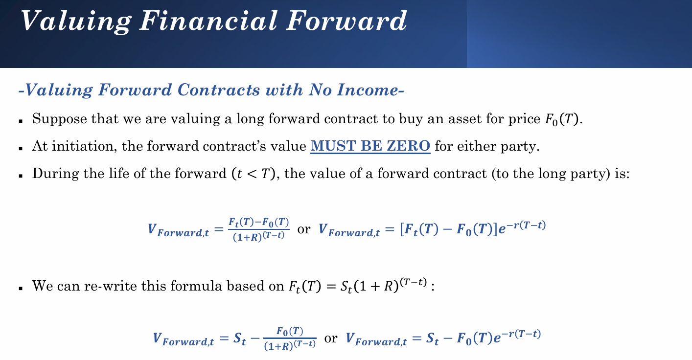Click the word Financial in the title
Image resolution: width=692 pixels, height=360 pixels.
(208, 21)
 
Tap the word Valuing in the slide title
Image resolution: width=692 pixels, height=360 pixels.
(76, 22)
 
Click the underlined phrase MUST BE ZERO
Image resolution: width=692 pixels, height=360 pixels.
(370, 146)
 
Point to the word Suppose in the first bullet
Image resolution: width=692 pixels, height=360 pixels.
(59, 119)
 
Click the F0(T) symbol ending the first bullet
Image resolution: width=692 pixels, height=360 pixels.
(561, 119)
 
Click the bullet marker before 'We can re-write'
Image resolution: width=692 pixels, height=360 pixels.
(21, 289)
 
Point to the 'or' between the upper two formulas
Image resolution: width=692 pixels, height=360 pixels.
(304, 229)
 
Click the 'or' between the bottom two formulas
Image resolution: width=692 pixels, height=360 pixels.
(330, 338)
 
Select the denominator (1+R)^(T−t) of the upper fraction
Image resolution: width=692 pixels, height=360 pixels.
(258, 237)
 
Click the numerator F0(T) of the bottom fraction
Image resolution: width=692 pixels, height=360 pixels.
(290, 331)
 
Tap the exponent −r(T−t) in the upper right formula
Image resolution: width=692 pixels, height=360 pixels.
(526, 225)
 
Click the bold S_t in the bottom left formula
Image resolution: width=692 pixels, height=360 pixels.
(239, 338)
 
